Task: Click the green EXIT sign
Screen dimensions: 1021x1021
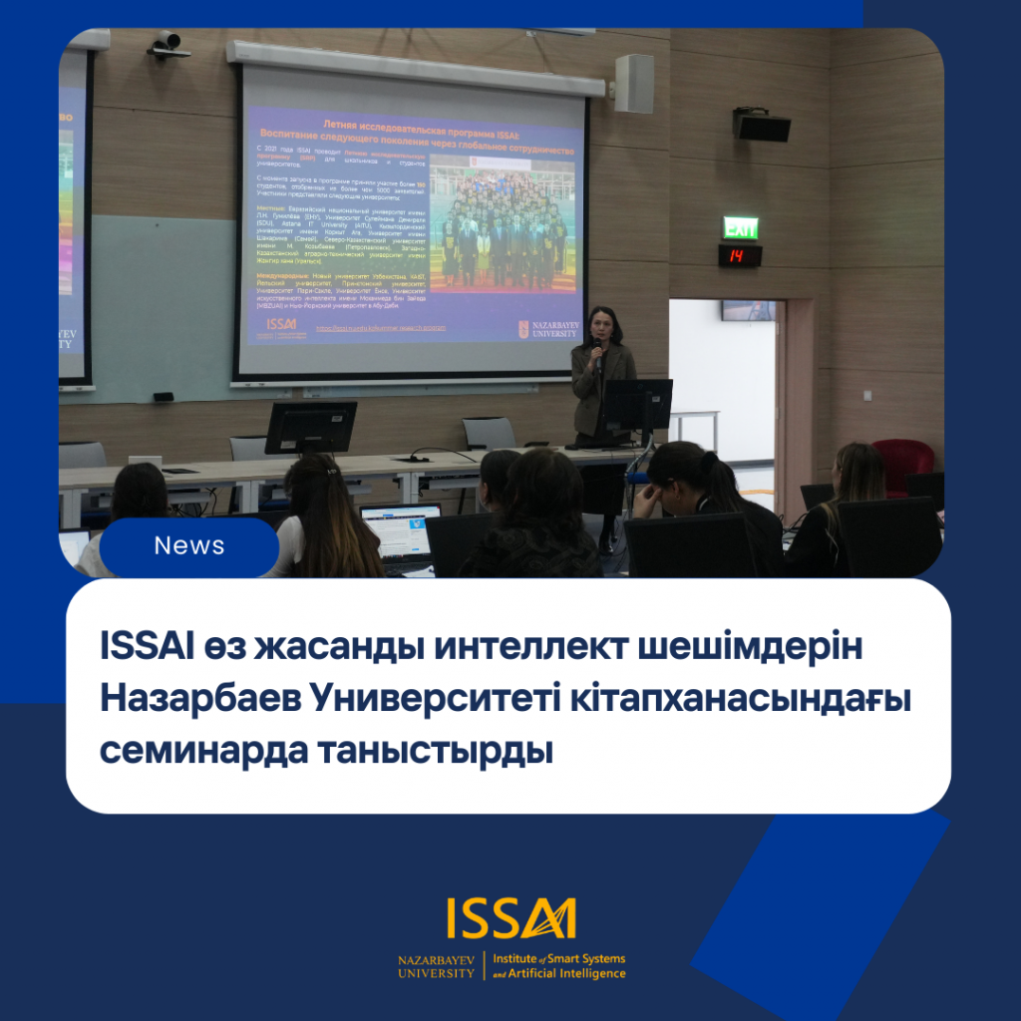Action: coord(740,227)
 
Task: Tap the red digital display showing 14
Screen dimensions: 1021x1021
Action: coord(739,256)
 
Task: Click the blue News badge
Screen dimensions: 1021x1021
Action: coord(188,546)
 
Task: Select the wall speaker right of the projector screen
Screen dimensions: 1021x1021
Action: coord(633,84)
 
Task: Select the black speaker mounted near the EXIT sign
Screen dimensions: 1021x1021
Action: coord(762,125)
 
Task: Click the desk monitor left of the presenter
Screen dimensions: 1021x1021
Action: coord(310,427)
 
